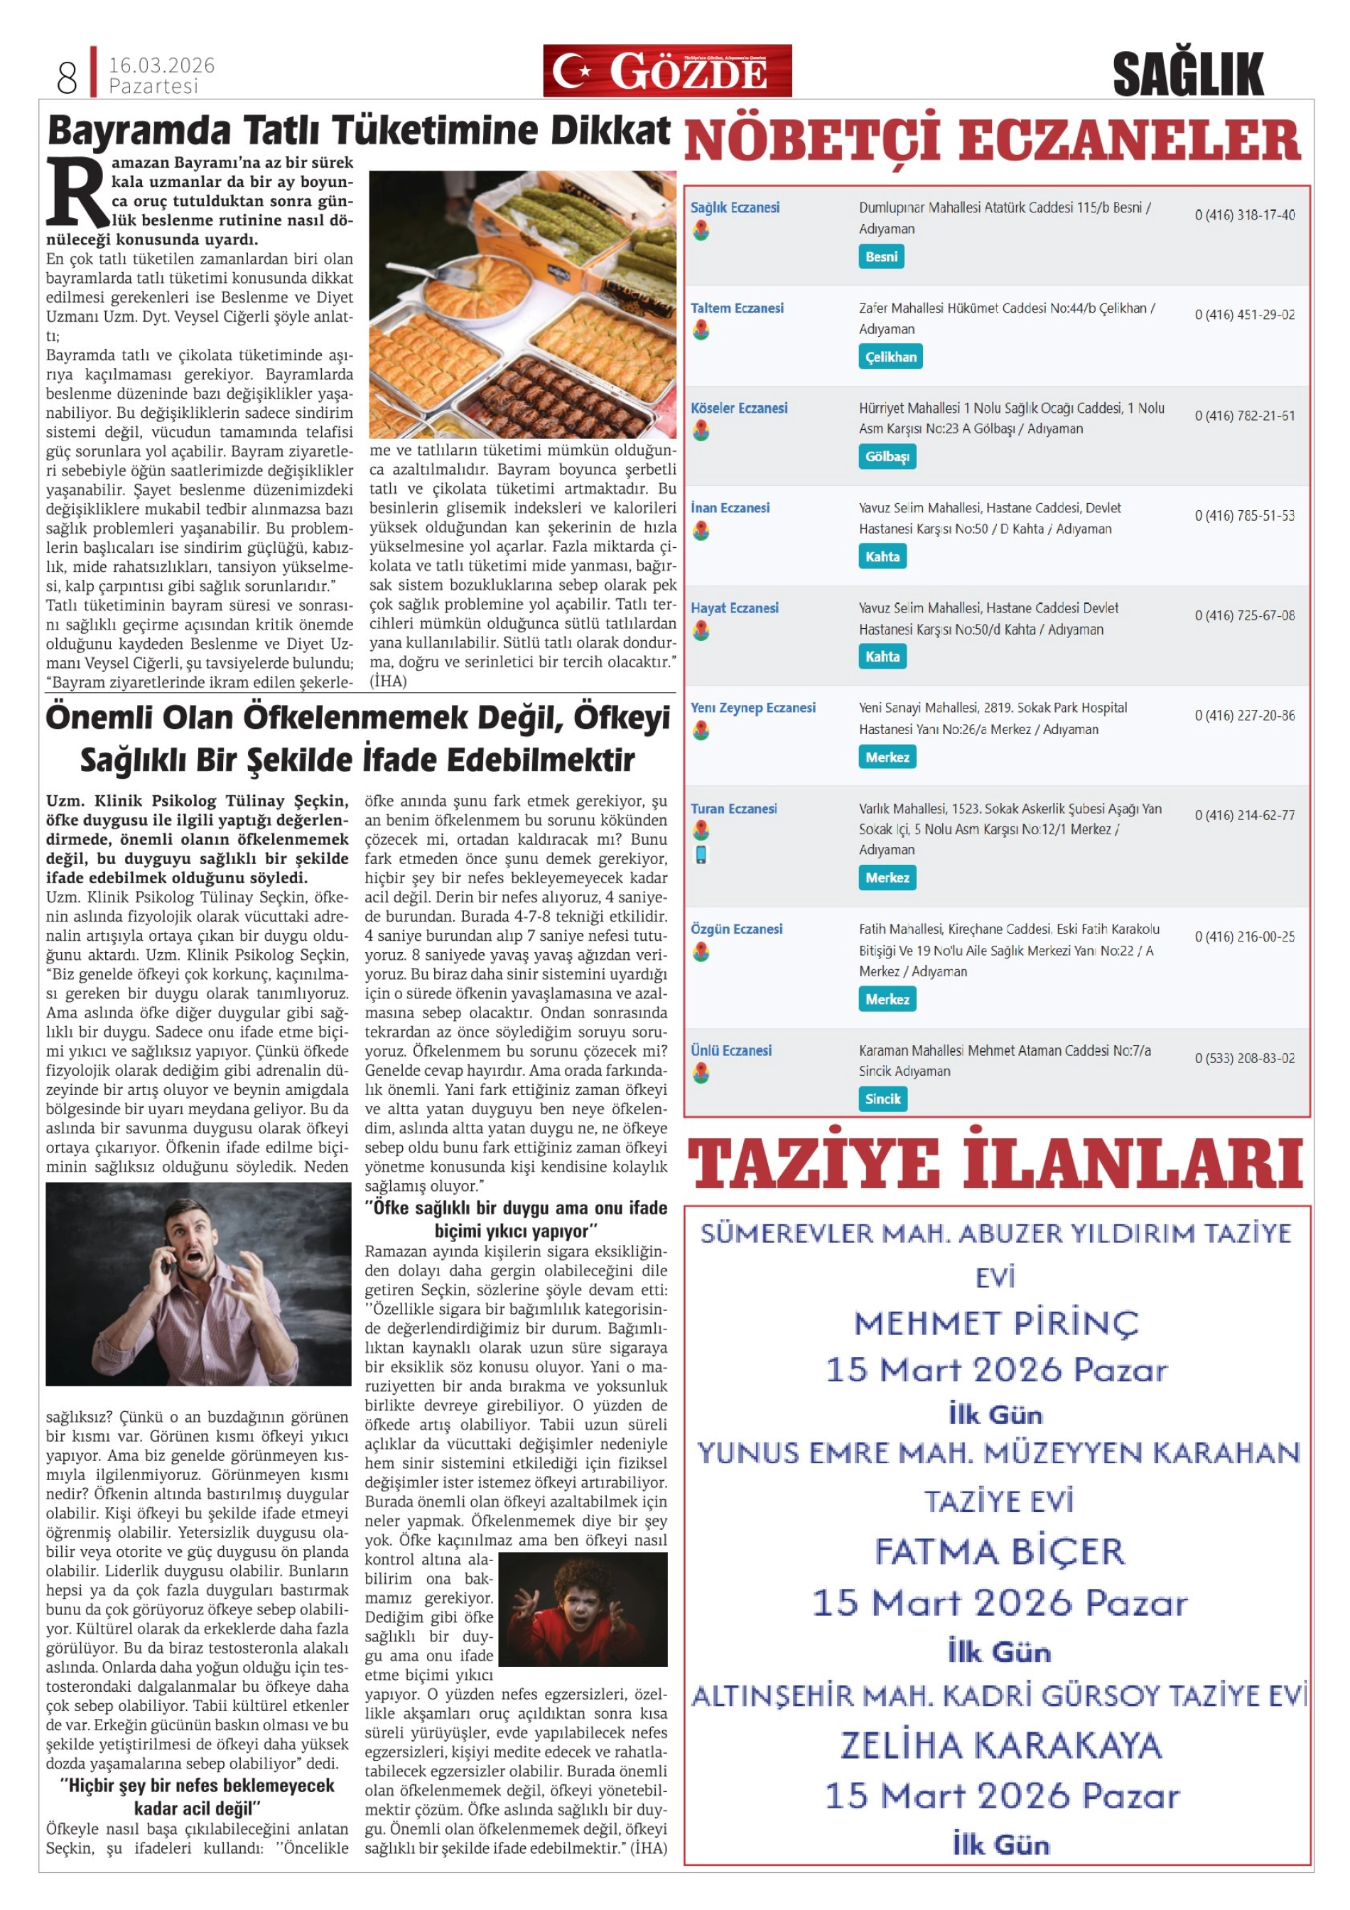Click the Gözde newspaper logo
666,71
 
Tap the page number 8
67,77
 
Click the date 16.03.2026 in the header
161,65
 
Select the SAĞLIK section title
1187,74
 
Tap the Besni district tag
880,257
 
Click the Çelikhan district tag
890,357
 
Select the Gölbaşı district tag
887,457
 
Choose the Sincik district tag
882,1099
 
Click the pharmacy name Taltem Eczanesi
736,308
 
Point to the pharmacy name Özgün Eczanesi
736,929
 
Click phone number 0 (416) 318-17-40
1243,215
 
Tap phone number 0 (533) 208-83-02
1243,1058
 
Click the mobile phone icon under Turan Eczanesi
701,854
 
